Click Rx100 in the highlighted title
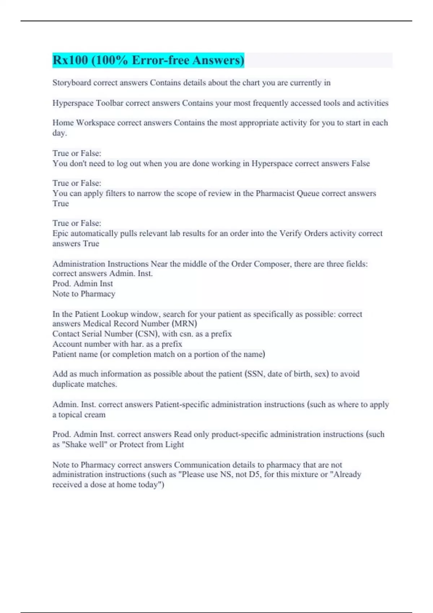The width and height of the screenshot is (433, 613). [70, 60]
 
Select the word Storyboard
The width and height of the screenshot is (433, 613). [71, 83]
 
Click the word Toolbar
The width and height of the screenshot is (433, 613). [109, 103]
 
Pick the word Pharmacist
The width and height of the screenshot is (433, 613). [275, 194]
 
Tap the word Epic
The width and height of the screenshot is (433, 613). [60, 234]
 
